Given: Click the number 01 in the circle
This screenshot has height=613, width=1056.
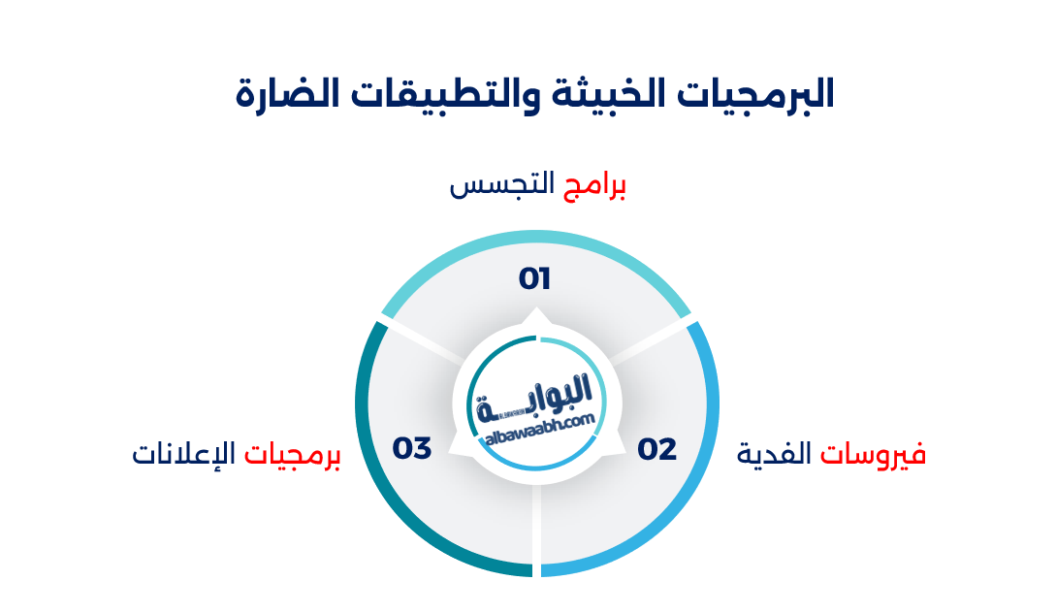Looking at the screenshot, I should [534, 279].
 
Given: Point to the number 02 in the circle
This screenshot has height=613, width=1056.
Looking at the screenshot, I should [656, 450].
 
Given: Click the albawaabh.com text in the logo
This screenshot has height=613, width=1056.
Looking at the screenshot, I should [539, 430].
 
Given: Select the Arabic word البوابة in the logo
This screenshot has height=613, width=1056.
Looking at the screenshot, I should [536, 398].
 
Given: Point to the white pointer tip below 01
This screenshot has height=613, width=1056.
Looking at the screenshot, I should [535, 314].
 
